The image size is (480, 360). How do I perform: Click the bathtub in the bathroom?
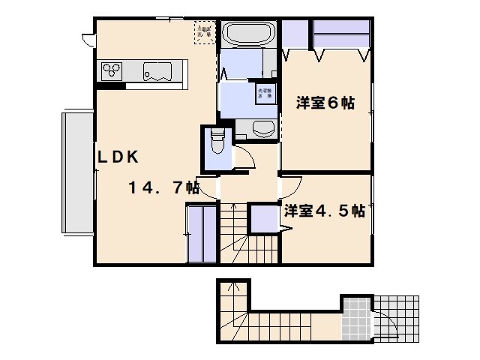[250, 36]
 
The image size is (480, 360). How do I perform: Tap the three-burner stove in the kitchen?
[112, 71]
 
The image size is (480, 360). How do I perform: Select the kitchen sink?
[158, 71]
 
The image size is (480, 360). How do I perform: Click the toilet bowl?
[217, 140]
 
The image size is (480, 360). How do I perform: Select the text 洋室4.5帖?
[324, 211]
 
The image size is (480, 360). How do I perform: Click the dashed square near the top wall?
[204, 31]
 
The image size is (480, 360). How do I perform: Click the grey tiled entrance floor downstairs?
[356, 318]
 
